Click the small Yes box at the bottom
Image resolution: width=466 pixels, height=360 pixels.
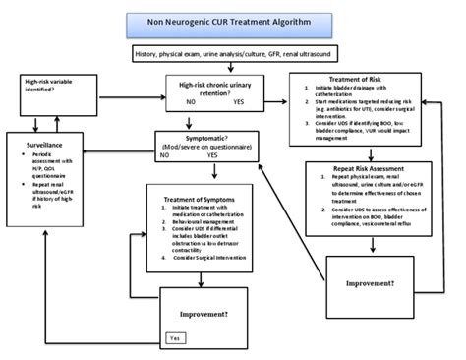[x=175, y=337]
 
